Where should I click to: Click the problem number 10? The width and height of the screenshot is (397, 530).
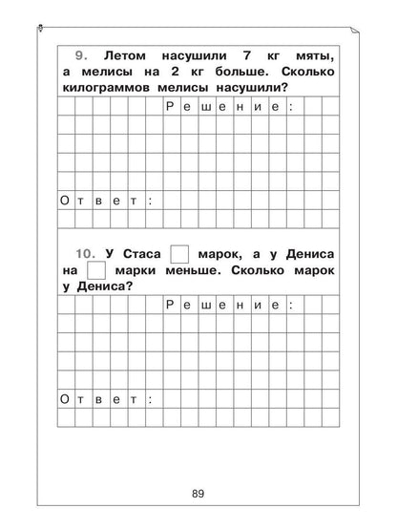point(86,254)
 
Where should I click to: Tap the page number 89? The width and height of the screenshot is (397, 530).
point(198,493)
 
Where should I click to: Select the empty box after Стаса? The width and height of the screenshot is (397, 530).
point(179,254)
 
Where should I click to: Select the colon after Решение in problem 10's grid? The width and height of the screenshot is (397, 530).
point(292,306)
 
